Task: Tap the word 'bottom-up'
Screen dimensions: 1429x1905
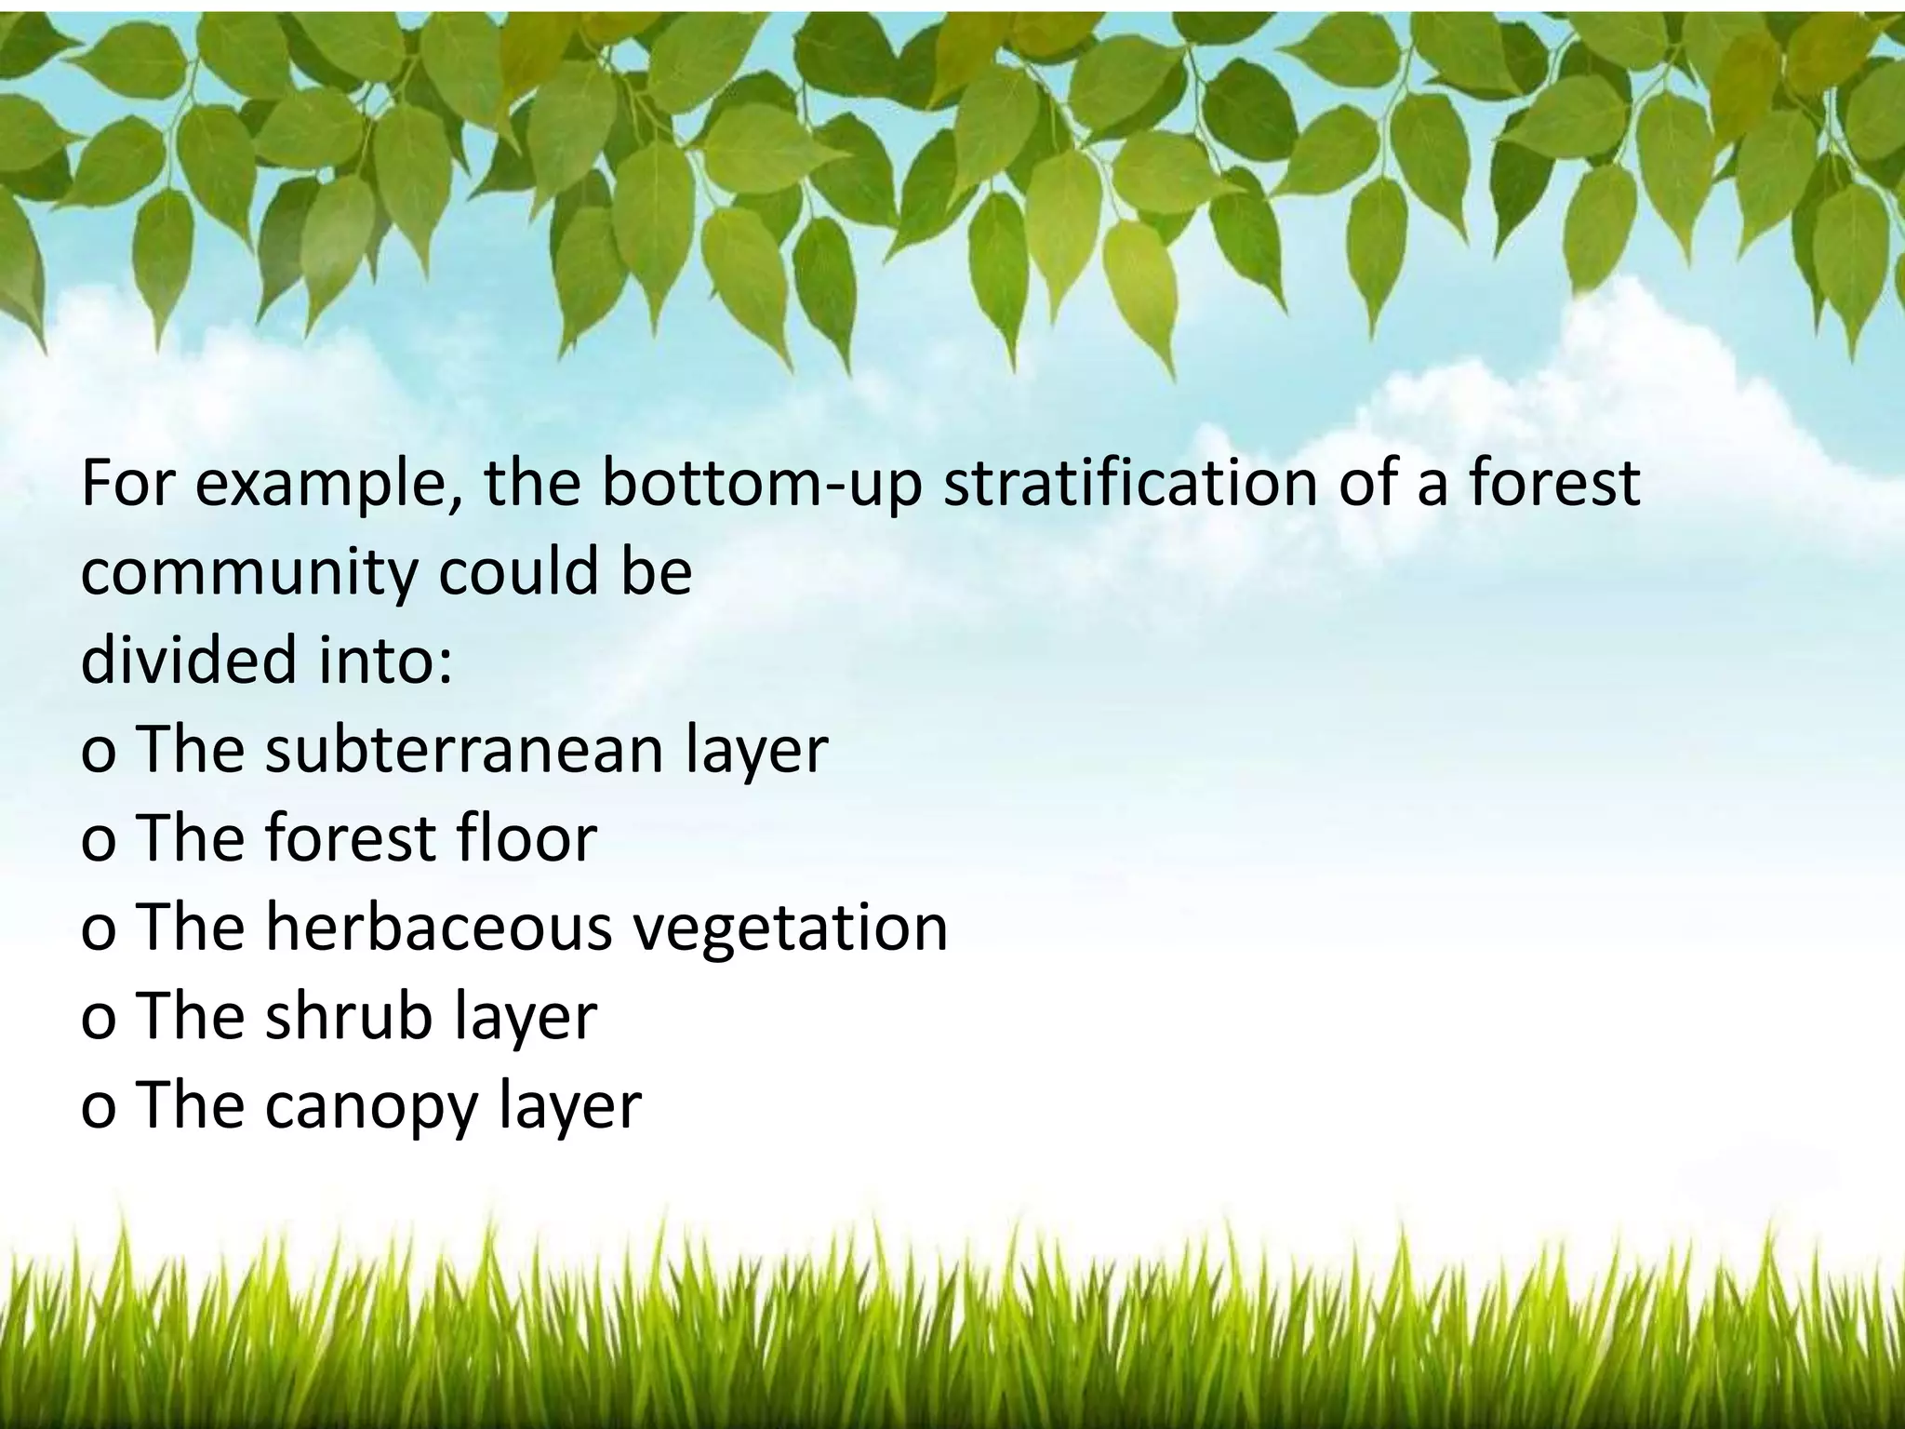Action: (762, 484)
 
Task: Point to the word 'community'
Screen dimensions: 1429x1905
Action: (248, 574)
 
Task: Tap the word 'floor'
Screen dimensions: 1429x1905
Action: (526, 837)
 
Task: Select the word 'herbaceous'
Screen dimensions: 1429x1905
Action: (438, 927)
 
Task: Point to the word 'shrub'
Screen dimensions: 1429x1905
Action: (350, 1016)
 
